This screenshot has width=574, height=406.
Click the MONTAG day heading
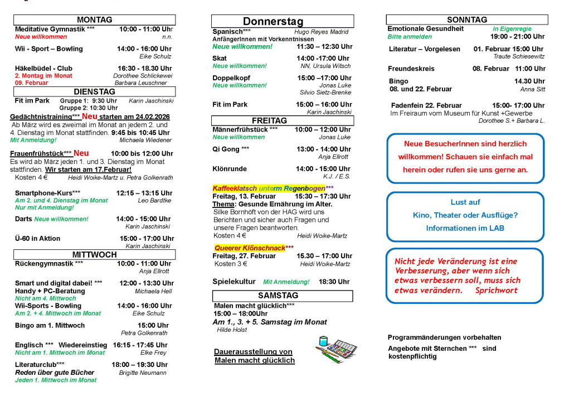click(94, 20)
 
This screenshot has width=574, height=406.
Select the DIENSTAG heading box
click(94, 91)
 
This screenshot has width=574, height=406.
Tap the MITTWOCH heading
click(94, 254)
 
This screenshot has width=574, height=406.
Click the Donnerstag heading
click(273, 22)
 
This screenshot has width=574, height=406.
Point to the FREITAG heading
click(269, 120)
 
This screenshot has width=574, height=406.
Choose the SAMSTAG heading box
click(278, 295)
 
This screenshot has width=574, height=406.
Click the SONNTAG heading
click(466, 20)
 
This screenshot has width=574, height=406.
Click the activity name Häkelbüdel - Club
click(43, 68)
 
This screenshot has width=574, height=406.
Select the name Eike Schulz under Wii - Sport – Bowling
click(155, 56)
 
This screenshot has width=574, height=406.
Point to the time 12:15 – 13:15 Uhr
click(144, 193)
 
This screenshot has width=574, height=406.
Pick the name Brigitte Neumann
click(143, 373)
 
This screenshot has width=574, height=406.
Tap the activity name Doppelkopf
click(231, 78)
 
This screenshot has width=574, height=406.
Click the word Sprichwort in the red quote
click(496, 290)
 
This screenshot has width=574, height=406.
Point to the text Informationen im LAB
click(465, 228)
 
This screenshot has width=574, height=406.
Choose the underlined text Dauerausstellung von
click(253, 352)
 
